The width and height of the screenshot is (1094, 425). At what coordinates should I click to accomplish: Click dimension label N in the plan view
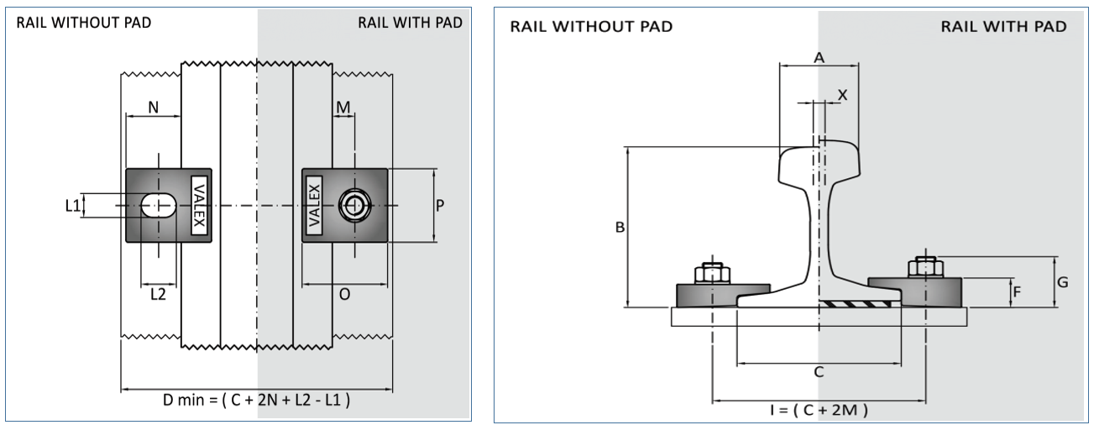pyautogui.click(x=153, y=107)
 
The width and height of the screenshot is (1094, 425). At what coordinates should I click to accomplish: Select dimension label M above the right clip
pyautogui.click(x=343, y=107)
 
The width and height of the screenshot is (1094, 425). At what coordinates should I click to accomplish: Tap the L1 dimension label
pyautogui.click(x=72, y=205)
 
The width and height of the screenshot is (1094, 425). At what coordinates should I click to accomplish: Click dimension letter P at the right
pyautogui.click(x=442, y=205)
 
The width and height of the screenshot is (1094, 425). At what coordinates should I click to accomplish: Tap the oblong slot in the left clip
pyautogui.click(x=158, y=204)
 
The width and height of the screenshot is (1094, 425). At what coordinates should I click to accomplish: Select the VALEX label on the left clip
pyautogui.click(x=198, y=205)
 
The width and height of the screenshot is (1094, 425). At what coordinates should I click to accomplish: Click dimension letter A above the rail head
pyautogui.click(x=819, y=56)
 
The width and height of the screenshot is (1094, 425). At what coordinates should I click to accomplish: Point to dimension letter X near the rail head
pyautogui.click(x=843, y=95)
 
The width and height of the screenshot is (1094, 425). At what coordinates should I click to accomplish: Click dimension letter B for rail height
pyautogui.click(x=620, y=228)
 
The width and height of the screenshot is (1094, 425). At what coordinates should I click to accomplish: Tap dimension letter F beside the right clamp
pyautogui.click(x=1017, y=292)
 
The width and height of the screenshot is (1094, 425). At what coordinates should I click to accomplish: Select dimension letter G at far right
pyautogui.click(x=1062, y=282)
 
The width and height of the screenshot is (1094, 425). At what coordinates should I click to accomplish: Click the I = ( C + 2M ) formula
pyautogui.click(x=819, y=410)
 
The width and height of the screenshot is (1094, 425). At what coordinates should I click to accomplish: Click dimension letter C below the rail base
pyautogui.click(x=819, y=370)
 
